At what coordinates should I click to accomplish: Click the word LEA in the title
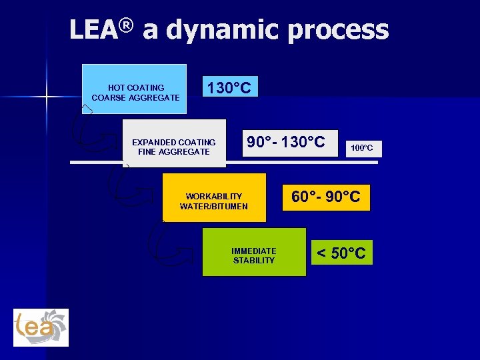pyautogui.click(x=94, y=30)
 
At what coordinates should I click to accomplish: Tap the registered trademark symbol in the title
pyautogui.click(x=127, y=25)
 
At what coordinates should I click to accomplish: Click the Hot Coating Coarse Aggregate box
pyautogui.click(x=135, y=91)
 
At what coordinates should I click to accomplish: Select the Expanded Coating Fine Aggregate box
pyautogui.click(x=174, y=147)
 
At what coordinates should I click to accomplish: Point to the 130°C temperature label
pyautogui.click(x=229, y=88)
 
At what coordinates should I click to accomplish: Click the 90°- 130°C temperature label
pyautogui.click(x=286, y=143)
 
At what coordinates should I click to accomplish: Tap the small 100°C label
pyautogui.click(x=363, y=147)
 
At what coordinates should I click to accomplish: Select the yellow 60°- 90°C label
pyautogui.click(x=326, y=197)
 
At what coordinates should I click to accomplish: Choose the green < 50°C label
pyautogui.click(x=341, y=253)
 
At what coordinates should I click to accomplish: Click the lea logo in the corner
pyautogui.click(x=41, y=327)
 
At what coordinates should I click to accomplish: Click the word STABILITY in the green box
pyautogui.click(x=253, y=261)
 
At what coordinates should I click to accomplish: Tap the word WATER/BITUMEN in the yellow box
pyautogui.click(x=213, y=207)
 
